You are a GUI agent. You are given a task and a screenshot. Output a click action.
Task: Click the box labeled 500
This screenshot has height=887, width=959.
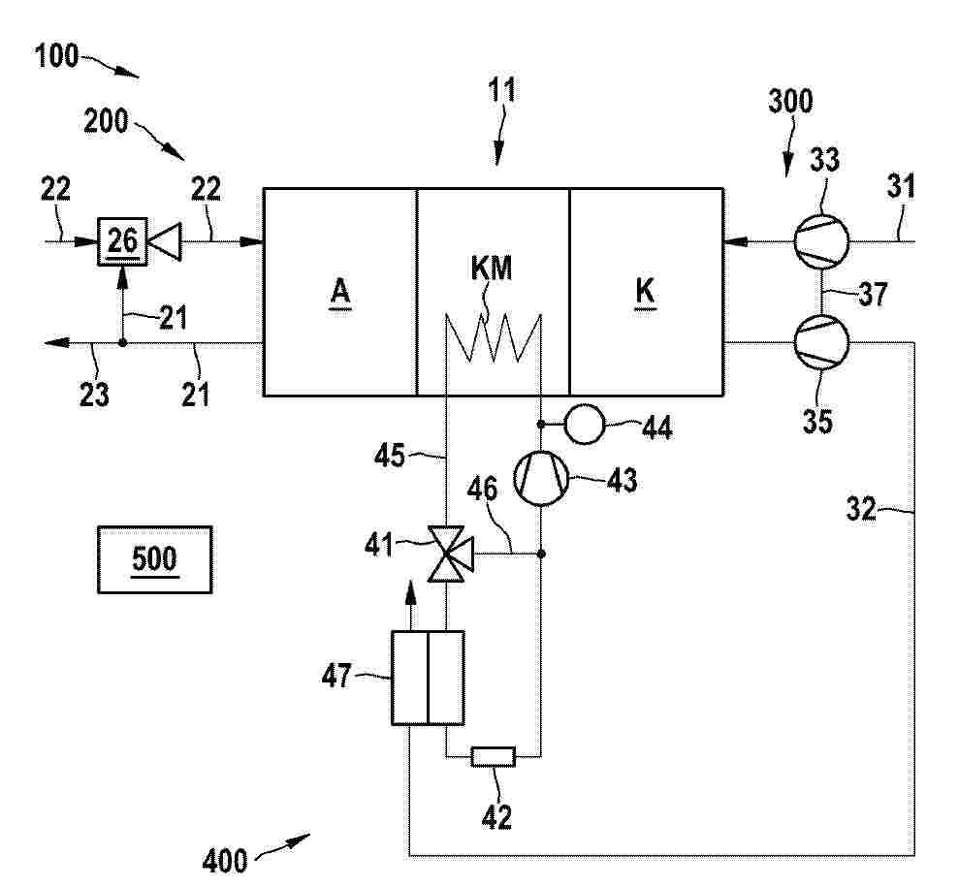[x=155, y=559]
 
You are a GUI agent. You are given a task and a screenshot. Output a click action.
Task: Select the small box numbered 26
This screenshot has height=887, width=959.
[x=122, y=240]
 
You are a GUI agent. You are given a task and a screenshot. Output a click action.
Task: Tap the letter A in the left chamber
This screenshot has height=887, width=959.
[x=340, y=292]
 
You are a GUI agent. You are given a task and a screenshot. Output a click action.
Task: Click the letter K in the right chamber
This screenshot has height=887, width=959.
[x=645, y=292]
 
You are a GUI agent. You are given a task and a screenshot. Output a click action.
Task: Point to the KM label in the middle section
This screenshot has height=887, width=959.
[x=491, y=269]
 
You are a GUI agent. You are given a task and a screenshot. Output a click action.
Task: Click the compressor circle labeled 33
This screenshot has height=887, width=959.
[x=820, y=240]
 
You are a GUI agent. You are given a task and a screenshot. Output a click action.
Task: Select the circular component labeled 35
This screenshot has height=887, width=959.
[x=820, y=342]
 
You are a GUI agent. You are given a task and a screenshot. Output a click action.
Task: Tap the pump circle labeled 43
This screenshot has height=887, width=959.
[x=541, y=478]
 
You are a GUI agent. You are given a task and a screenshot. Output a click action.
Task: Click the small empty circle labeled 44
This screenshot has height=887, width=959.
[x=584, y=424]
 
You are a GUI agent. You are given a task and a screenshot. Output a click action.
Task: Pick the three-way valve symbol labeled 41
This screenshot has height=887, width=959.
[x=450, y=554]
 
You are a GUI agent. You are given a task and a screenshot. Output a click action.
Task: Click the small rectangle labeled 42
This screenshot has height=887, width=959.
[x=493, y=757]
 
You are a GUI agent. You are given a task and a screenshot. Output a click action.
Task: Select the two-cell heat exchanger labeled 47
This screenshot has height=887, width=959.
[x=429, y=678]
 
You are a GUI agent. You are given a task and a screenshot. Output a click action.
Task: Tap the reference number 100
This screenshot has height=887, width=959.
[x=56, y=56]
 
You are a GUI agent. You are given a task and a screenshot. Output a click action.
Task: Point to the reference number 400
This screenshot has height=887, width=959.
[x=224, y=861]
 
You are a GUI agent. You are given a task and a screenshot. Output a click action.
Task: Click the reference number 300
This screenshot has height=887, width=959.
[x=790, y=101]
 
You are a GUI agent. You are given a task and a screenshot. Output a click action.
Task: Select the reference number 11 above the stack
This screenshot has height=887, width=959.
[x=501, y=90]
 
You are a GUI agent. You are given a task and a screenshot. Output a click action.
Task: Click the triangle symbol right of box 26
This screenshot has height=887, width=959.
[x=165, y=241]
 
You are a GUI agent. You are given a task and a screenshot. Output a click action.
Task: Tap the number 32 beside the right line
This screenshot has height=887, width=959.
[x=861, y=509]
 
